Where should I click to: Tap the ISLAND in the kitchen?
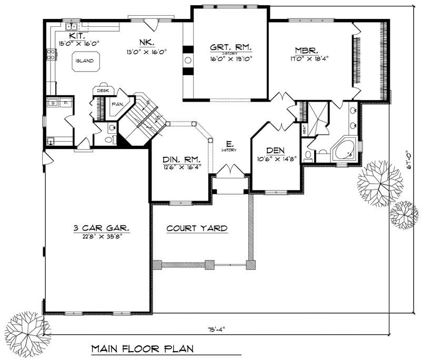coord(84,61)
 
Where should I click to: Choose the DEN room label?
coord(275,150)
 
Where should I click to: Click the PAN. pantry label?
coord(117,104)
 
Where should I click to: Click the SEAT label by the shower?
coord(304,128)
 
